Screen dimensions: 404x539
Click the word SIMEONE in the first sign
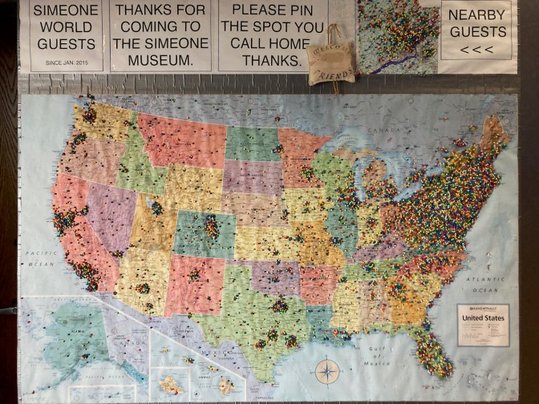67,10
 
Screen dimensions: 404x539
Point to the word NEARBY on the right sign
477,15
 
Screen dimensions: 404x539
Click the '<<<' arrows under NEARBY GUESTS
477,50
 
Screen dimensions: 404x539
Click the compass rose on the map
327,371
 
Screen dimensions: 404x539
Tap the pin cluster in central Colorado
210,228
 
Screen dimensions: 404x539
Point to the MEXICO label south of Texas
207,353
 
